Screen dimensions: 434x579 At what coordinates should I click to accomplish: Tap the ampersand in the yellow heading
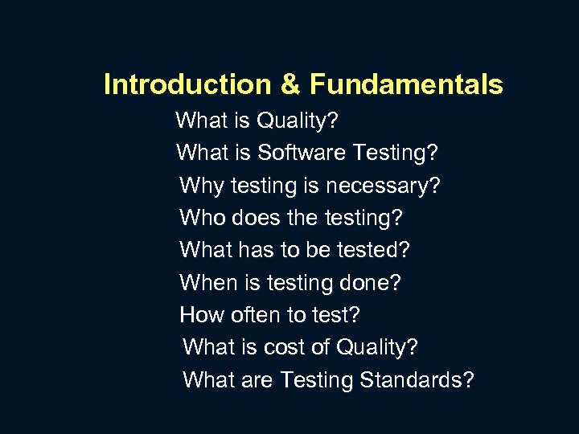(x=290, y=84)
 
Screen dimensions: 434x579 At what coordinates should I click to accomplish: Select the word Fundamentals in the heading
(x=406, y=84)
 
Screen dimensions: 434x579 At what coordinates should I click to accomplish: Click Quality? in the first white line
(x=298, y=121)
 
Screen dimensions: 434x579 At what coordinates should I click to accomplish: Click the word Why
(x=202, y=186)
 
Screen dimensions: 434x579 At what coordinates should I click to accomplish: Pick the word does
(x=261, y=218)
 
